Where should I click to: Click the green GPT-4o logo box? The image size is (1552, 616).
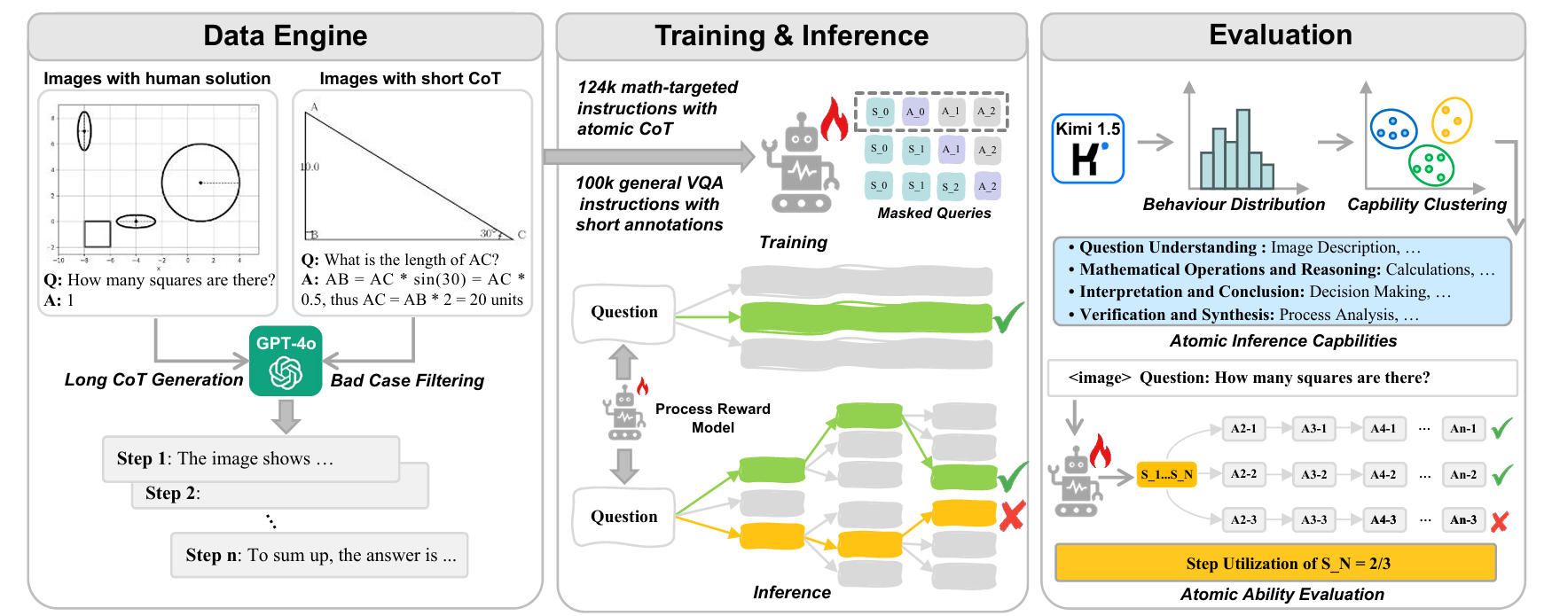point(286,361)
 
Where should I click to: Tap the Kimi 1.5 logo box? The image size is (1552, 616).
point(1087,149)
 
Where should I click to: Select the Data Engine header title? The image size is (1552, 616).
point(285,35)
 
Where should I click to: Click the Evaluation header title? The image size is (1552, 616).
point(1280,35)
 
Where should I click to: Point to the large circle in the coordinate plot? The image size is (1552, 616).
point(200,183)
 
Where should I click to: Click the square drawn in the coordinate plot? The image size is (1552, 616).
point(97,233)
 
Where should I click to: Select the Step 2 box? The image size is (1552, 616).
point(280,493)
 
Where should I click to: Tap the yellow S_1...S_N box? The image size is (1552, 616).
point(1166,474)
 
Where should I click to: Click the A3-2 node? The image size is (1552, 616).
point(1313,474)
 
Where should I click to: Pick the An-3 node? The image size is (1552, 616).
point(1462,520)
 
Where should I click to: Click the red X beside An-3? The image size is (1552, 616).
point(1500,521)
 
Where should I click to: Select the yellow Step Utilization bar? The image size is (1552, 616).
point(1275,563)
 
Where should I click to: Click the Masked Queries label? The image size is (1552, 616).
point(934,213)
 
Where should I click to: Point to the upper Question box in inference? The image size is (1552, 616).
point(623,312)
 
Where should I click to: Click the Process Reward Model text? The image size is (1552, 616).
point(712,417)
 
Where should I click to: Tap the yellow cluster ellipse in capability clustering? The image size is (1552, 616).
point(1451,121)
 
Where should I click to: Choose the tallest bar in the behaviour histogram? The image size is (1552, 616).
point(1242,148)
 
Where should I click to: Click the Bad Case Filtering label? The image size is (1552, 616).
point(407,380)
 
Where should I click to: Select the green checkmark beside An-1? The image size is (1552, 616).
point(1501,428)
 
